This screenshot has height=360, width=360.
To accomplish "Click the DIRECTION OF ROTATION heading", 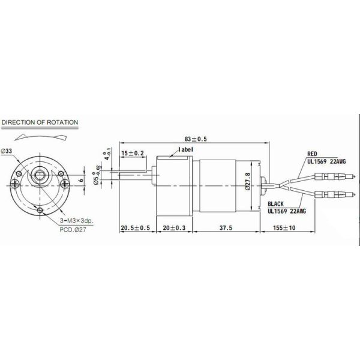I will tap(40, 122).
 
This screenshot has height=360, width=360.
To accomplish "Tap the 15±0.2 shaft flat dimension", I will tap(133, 154).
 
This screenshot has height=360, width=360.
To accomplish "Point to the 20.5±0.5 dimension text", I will tap(135, 228).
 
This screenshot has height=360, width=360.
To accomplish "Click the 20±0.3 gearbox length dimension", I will tap(173, 228).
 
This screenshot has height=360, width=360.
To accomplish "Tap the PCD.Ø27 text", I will tap(73, 229).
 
